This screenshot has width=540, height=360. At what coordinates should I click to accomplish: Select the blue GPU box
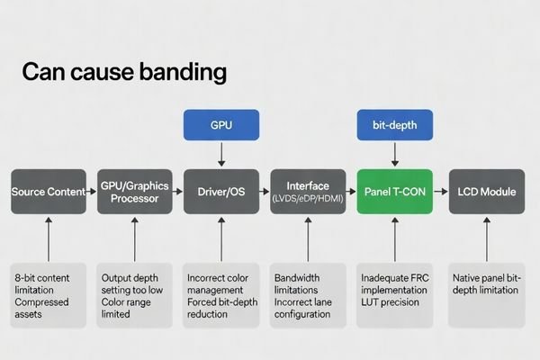pos(221,124)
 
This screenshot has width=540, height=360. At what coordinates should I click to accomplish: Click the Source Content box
pos(49,192)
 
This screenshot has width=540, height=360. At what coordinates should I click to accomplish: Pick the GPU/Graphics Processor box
pos(134,192)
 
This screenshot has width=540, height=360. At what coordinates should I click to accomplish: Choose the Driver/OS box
pos(221,192)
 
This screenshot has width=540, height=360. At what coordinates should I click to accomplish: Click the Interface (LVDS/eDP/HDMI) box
pos(308,192)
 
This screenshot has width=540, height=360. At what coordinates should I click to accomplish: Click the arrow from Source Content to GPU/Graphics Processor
pos(91,192)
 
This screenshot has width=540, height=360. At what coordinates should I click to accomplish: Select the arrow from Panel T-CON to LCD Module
pos(439,192)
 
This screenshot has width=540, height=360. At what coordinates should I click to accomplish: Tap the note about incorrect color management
pos(221,290)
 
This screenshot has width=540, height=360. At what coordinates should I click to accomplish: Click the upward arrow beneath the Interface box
pos(308,238)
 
